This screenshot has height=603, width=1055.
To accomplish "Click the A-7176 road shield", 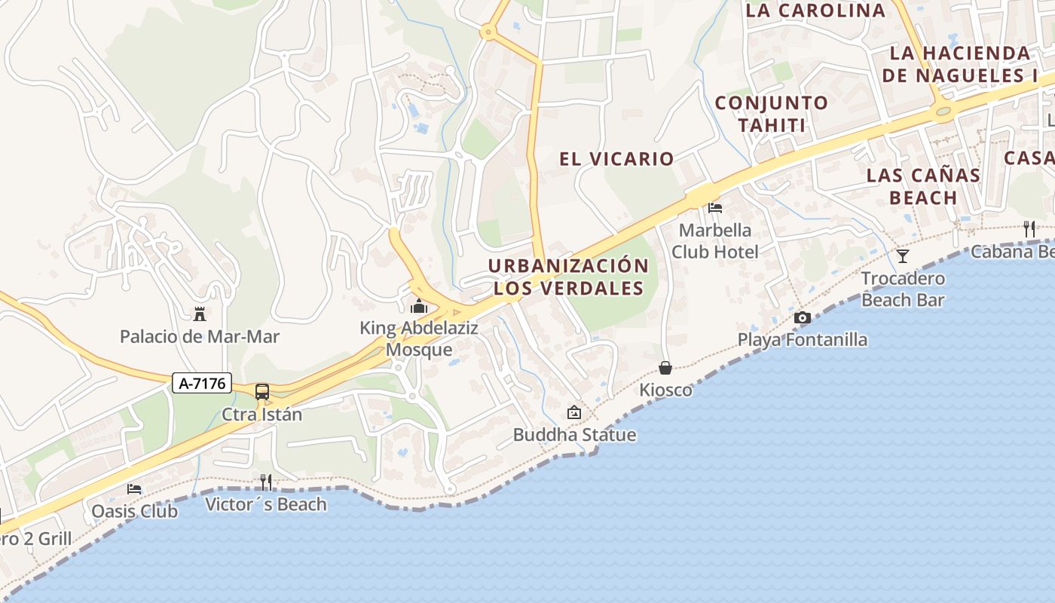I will pos(202,383).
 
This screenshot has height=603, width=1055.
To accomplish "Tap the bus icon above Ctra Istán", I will pos(262,392).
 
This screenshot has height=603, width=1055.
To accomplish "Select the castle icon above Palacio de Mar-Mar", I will pos(200,314).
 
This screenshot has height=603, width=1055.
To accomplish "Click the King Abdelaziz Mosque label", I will pos(419,339).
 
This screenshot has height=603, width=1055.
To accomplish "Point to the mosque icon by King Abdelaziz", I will pos(418,306).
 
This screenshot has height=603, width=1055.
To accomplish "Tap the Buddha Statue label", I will pos(574,435).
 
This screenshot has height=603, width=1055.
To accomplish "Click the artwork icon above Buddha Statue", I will pos(574,412).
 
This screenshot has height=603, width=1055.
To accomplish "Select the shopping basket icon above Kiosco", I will pos(665,368).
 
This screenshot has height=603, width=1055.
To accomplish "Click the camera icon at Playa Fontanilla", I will pos(803,317).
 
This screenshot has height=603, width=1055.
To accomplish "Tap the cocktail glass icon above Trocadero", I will pos(903,256).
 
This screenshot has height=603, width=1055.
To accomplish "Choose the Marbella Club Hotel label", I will pos(714,240).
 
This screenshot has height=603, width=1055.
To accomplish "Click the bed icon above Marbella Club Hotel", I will pos(715,207).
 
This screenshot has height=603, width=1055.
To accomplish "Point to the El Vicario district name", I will pos(616,158).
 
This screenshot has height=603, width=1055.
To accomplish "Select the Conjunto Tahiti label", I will pos(772,114).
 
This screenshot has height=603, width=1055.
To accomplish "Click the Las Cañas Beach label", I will pos(923,186).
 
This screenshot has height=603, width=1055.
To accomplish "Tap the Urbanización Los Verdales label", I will pos(568,277).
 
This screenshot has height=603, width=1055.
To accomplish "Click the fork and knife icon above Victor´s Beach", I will pos(266,482).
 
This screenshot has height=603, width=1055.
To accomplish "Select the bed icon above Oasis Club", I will pos(134,488).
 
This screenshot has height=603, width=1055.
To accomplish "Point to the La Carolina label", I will pos(815,11).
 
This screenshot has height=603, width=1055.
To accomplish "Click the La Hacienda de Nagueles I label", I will pos(960,64).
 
